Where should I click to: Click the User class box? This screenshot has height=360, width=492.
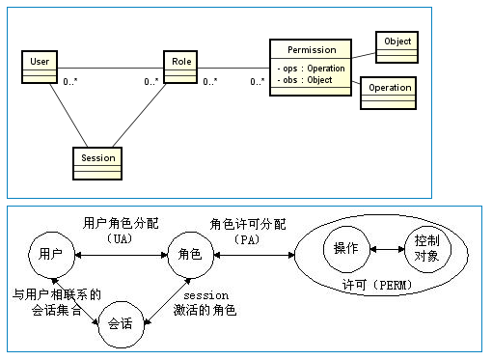pos(40,68)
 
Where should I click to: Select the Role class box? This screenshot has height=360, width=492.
pos(180,68)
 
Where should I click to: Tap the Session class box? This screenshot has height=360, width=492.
pos(97,163)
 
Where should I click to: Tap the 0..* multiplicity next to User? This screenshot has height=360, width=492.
pos(70,82)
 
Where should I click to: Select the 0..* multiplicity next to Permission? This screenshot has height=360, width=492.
pos(257,82)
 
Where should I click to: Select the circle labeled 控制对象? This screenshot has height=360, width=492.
pos(426,248)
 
